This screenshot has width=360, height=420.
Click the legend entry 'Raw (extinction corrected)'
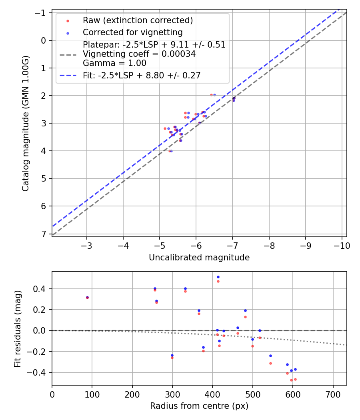coord(138,20)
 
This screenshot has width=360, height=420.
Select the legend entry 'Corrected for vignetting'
coord(132,32)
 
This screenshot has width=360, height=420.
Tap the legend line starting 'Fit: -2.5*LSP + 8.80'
coord(142,75)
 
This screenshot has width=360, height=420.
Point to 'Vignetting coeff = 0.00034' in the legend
coord(139,54)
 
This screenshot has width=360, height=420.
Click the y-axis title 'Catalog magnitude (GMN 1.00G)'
coord(26,123)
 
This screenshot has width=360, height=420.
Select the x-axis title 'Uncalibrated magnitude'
coord(199,258)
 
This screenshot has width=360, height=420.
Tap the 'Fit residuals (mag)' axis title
coord(17,328)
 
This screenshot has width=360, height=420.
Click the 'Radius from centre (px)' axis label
coord(199,406)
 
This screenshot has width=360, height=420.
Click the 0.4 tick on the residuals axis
coord(42,289)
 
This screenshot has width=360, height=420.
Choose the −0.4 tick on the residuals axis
coord(40,372)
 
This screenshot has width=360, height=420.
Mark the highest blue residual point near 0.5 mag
coord(218,277)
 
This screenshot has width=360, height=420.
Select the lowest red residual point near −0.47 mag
coord(291,380)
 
